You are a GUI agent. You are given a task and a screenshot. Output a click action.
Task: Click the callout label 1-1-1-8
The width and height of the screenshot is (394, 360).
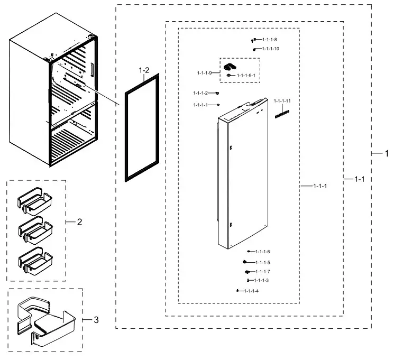[269, 40]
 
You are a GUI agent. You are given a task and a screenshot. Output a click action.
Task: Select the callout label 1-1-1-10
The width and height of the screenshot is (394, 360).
[270, 49]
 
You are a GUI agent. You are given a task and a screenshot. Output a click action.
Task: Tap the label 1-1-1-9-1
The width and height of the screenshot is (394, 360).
[246, 76]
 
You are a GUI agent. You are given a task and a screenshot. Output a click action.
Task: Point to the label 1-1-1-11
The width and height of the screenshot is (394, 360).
[282, 100]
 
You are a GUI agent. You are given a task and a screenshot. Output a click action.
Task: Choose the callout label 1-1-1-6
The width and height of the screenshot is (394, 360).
[262, 251]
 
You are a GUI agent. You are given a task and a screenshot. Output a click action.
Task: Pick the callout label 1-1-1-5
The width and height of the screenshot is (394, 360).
[262, 262]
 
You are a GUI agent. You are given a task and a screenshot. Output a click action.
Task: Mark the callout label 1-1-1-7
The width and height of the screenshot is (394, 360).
[262, 271]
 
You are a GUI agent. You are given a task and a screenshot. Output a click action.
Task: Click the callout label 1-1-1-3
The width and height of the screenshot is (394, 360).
[261, 280]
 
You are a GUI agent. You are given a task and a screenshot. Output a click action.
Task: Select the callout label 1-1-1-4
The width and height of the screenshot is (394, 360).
[251, 291]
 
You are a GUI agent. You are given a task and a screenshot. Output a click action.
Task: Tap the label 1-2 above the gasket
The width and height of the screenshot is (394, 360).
[144, 70]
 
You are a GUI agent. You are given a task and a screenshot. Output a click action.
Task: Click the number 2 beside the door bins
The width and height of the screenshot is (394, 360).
[79, 222]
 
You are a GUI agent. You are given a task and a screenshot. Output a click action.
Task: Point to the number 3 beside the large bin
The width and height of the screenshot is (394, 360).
[96, 320]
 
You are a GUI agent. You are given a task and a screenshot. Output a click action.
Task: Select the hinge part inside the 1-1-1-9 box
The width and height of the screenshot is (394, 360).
[230, 67]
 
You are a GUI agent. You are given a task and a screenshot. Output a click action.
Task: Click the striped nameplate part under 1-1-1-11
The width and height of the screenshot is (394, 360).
[282, 114]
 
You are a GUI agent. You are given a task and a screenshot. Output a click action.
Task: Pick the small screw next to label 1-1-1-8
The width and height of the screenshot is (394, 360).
[254, 40]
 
